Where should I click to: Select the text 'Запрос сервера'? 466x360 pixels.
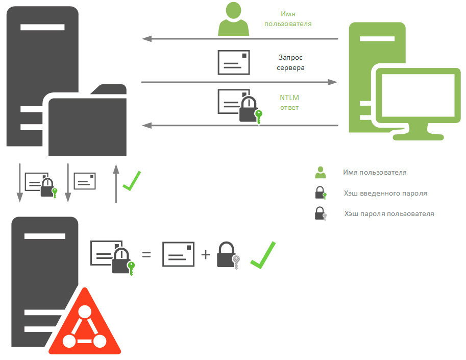[290, 62]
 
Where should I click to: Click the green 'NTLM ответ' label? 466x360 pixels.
[289, 102]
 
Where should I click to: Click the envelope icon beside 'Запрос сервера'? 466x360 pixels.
[233, 62]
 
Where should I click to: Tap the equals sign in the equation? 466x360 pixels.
[146, 254]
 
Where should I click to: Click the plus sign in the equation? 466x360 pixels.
[206, 254]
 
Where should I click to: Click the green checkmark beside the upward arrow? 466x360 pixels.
[131, 181]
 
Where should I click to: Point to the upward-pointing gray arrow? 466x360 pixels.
[116, 183]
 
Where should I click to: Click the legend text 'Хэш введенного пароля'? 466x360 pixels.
[385, 194]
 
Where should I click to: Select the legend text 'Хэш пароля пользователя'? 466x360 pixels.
[389, 213]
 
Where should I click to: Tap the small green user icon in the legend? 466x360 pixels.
[320, 173]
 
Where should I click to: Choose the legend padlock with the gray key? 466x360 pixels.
[320, 213]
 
